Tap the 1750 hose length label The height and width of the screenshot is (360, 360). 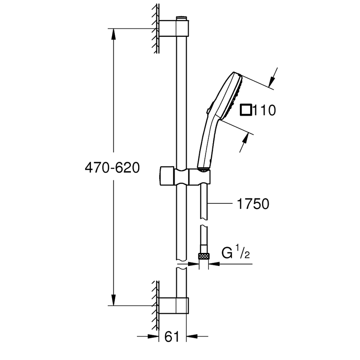click(x=252, y=204)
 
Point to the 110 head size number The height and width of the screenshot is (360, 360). click(x=264, y=110)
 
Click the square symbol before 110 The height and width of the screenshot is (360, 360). click(x=246, y=110)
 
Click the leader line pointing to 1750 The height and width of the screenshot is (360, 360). click(x=222, y=204)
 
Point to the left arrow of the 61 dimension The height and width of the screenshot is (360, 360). click(x=153, y=336)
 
